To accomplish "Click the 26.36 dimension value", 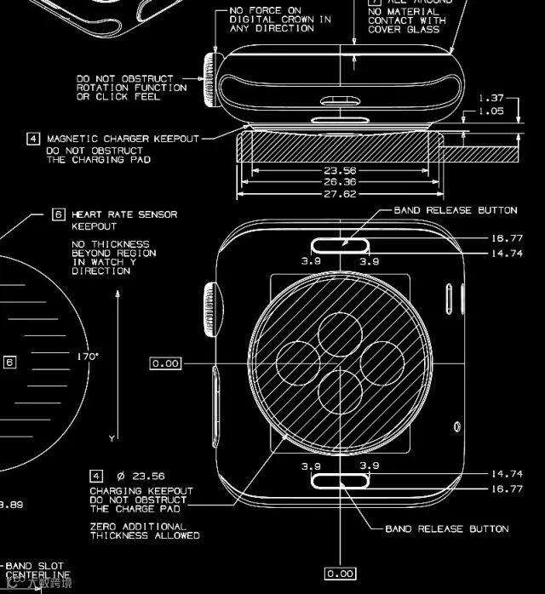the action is [x=341, y=181].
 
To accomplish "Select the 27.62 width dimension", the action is [x=341, y=194].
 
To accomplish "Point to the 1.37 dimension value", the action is [x=492, y=98].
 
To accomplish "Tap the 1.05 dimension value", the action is [x=492, y=111].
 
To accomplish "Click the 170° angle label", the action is [x=88, y=357].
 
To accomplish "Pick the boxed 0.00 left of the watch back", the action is [x=165, y=363].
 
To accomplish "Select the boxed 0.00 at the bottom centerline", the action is [x=340, y=574].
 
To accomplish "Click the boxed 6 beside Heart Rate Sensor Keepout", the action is [x=59, y=214].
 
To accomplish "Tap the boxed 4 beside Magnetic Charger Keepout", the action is [x=33, y=138].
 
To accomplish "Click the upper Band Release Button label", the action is [x=455, y=210].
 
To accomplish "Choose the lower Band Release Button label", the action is [x=447, y=528].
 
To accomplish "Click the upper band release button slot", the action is [x=341, y=246].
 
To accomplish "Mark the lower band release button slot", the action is [x=341, y=481].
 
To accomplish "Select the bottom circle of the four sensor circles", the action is [x=341, y=393].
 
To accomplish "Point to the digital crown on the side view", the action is [x=209, y=82].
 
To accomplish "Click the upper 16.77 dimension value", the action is [x=507, y=239].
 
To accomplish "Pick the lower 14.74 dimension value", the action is [x=507, y=474].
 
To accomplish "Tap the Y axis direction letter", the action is [x=112, y=437].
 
